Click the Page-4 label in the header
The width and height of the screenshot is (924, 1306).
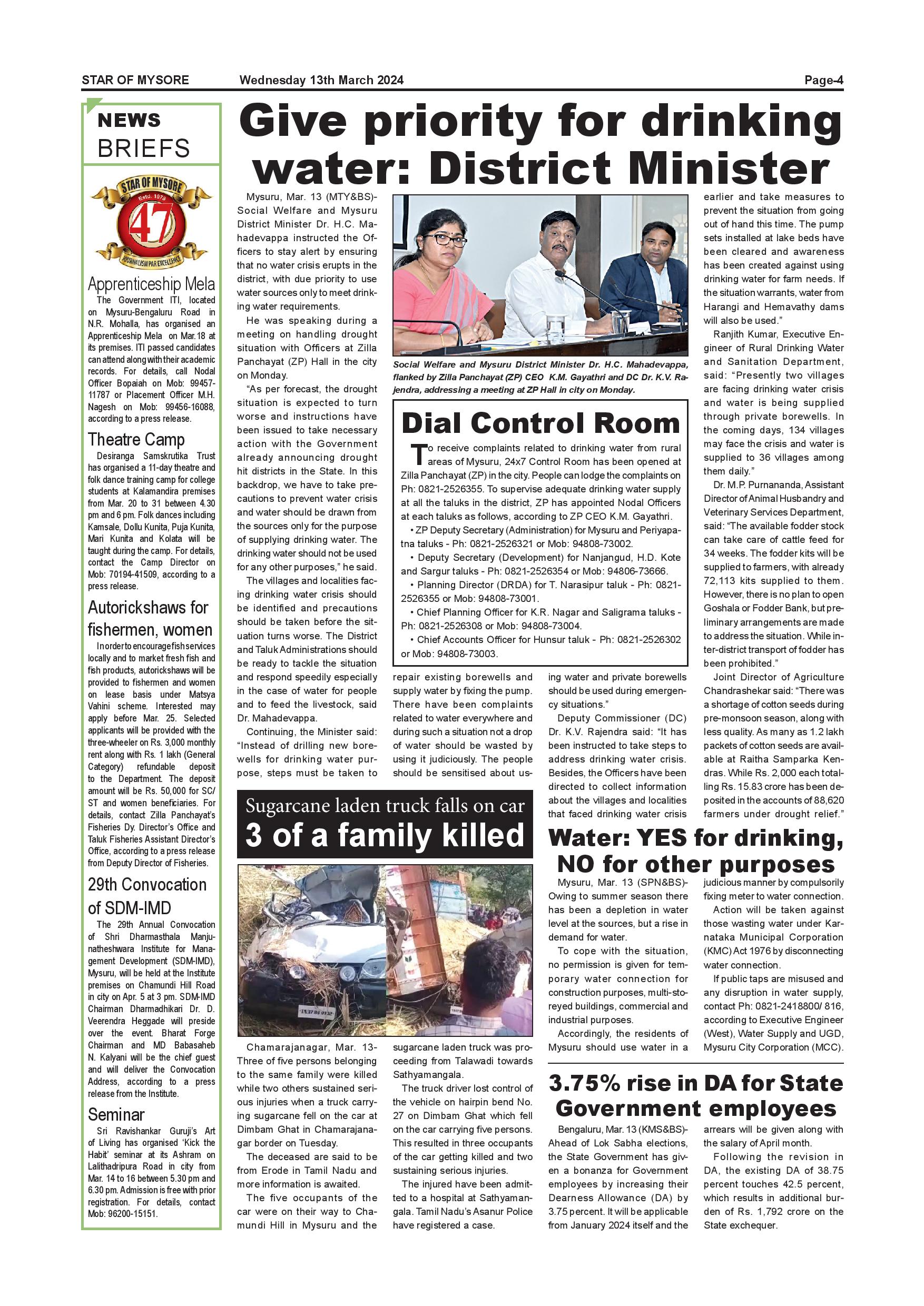[x=823, y=80]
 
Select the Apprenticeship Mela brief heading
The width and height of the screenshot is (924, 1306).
[x=151, y=284]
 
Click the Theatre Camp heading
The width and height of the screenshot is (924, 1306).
[x=136, y=439]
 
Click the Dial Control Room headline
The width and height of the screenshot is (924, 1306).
[x=540, y=423]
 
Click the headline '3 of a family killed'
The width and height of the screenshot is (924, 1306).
[x=385, y=836]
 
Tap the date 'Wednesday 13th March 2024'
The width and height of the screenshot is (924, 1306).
[x=321, y=80]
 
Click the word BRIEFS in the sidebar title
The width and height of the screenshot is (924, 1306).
[x=143, y=149]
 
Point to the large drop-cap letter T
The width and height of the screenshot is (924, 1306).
[x=418, y=453]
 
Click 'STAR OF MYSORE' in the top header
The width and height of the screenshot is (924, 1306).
[x=135, y=80]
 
